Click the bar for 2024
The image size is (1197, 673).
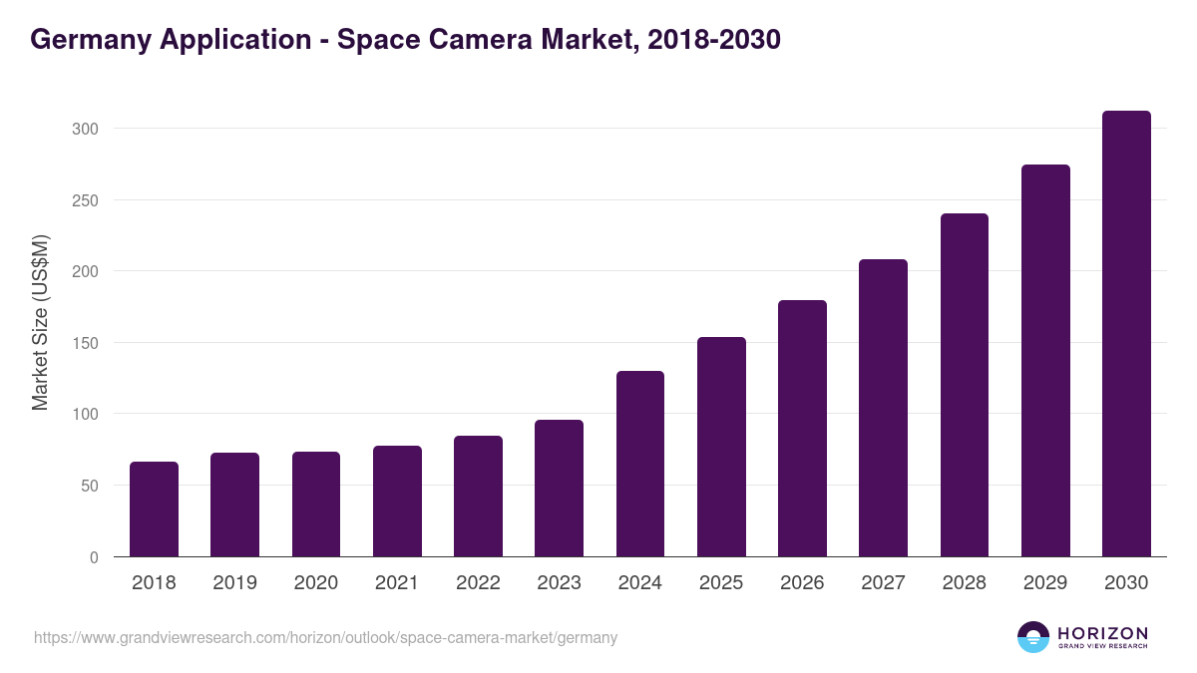click(x=640, y=464)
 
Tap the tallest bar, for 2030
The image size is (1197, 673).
click(x=1126, y=334)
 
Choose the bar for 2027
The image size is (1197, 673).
click(x=883, y=408)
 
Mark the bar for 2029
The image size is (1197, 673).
click(x=1045, y=361)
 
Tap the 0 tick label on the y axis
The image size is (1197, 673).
click(x=94, y=557)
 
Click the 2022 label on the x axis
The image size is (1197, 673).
click(x=478, y=583)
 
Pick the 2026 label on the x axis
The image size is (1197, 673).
click(x=802, y=583)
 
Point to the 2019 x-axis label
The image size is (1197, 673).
click(x=234, y=583)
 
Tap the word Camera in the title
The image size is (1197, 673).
click(x=475, y=40)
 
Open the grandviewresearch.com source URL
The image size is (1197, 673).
click(x=326, y=637)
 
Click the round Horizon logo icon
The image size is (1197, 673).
click(x=1033, y=637)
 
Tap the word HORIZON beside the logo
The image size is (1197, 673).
click(x=1102, y=632)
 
